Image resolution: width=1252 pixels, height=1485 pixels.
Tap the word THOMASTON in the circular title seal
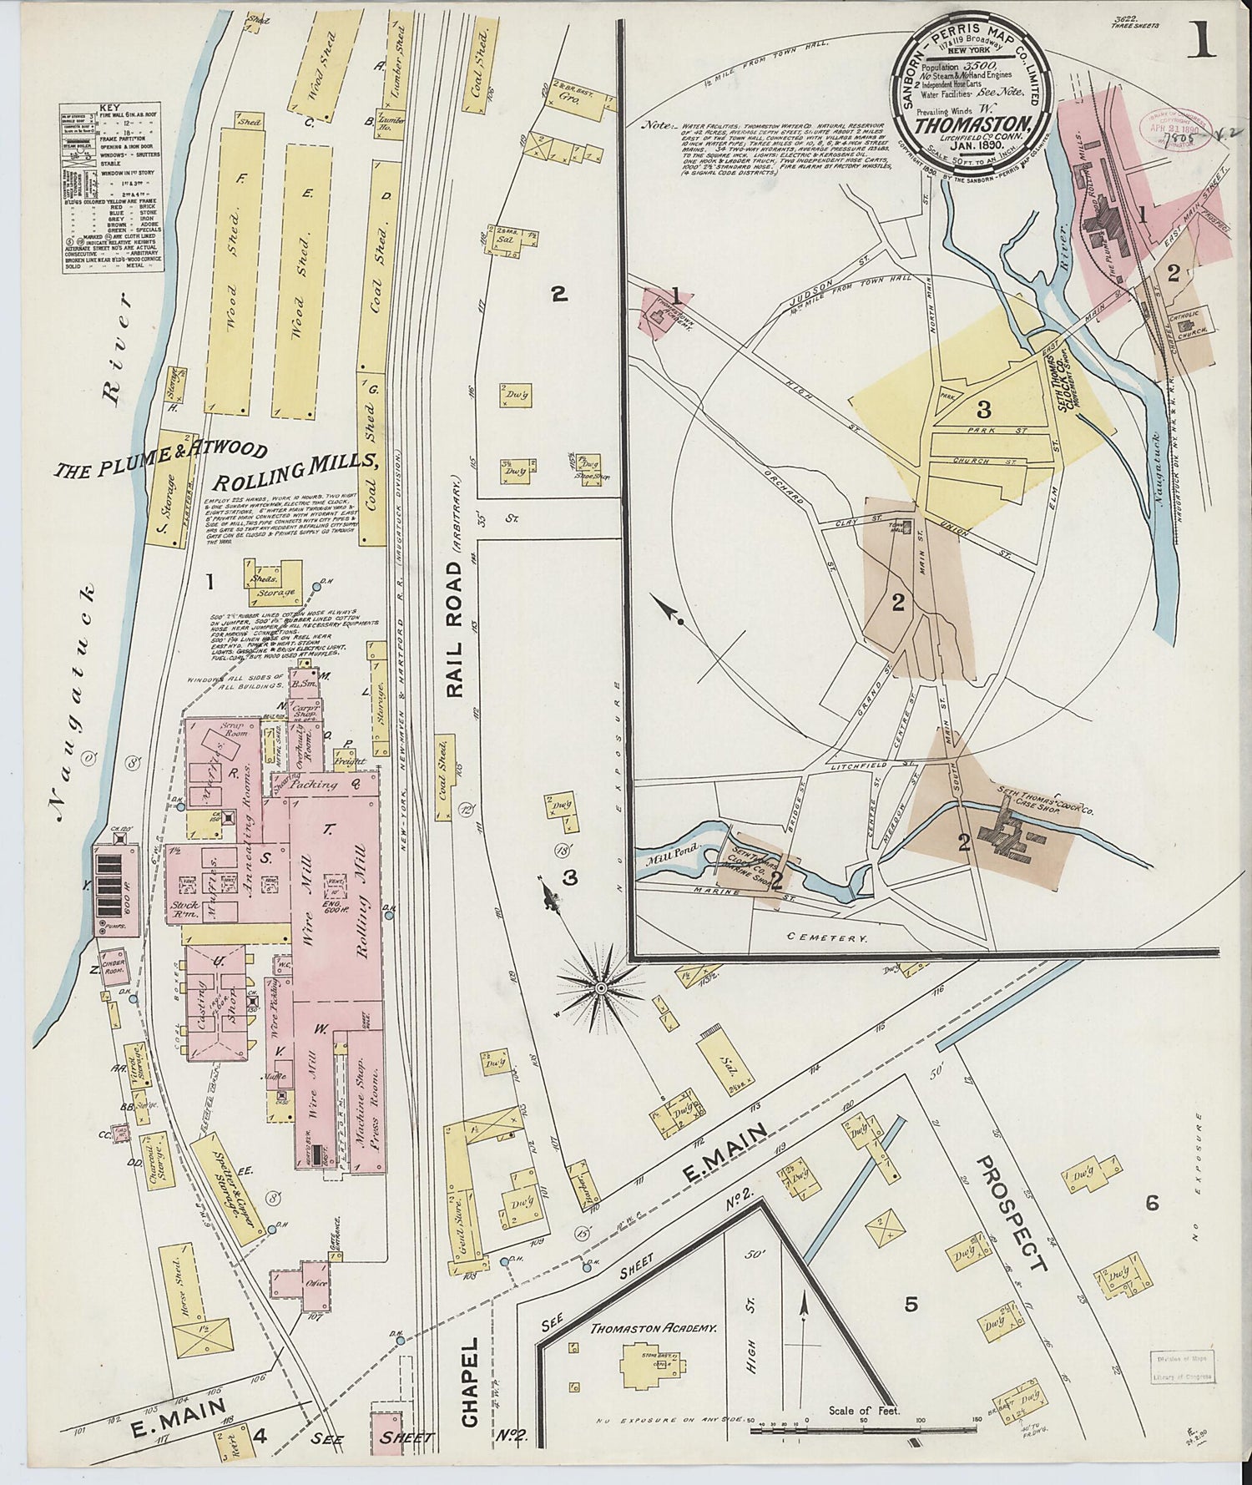coord(968,124)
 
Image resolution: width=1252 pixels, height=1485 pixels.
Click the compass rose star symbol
coord(599,987)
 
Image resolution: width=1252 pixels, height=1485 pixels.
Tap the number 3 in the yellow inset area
coord(984,410)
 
